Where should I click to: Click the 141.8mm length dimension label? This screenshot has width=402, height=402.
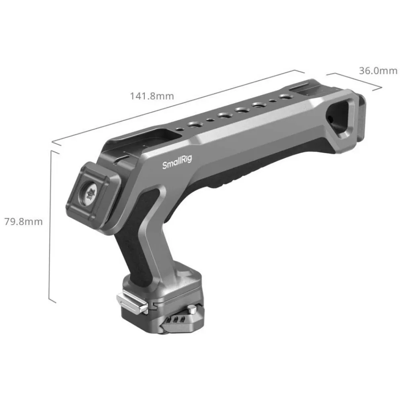pos(152,96)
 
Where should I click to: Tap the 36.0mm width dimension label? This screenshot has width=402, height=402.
pos(378,70)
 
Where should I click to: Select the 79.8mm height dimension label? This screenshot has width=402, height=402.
pos(24,222)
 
